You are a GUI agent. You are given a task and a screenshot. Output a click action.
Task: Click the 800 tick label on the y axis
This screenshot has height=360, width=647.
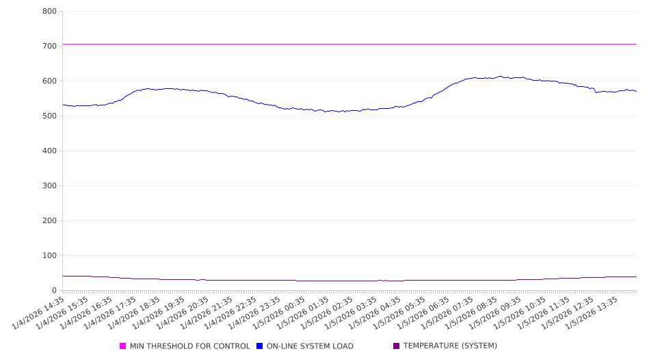(49, 12)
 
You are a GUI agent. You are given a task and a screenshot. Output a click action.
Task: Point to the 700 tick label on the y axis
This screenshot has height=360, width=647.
(49, 47)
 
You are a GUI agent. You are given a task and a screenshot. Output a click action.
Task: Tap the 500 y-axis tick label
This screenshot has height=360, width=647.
(49, 116)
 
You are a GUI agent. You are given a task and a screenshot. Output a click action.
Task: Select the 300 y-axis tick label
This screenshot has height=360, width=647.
(49, 186)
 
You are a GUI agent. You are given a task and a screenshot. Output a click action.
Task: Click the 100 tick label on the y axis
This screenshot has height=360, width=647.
(49, 256)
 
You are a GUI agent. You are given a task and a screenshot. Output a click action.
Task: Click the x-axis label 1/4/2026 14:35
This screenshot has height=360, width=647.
(40, 312)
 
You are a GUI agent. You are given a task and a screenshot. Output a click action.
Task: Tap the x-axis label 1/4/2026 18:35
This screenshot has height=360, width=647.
(136, 312)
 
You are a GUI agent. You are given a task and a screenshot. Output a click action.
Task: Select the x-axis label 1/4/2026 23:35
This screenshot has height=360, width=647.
(256, 312)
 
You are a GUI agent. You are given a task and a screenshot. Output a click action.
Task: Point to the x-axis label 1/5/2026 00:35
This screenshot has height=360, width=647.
(280, 312)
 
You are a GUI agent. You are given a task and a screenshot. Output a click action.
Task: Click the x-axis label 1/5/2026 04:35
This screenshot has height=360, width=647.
(377, 312)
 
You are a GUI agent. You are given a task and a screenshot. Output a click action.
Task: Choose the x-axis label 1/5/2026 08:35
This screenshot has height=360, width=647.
(473, 312)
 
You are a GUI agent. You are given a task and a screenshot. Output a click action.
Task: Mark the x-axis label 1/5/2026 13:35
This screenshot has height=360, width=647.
(594, 312)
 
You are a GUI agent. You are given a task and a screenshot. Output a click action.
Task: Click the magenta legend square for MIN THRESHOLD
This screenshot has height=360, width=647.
(123, 346)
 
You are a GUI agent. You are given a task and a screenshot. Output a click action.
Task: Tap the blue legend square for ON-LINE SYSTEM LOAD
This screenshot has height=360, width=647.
(260, 346)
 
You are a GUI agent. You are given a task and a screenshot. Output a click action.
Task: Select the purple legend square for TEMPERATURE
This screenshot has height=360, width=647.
(397, 346)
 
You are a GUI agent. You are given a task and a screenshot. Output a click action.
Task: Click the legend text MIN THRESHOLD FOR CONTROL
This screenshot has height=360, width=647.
(189, 346)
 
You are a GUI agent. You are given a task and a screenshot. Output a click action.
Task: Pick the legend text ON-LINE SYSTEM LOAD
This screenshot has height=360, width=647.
(310, 346)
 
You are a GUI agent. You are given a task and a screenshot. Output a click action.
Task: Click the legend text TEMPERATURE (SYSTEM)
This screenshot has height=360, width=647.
(450, 346)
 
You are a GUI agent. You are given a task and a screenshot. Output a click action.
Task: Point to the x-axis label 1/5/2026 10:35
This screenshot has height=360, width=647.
(521, 312)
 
